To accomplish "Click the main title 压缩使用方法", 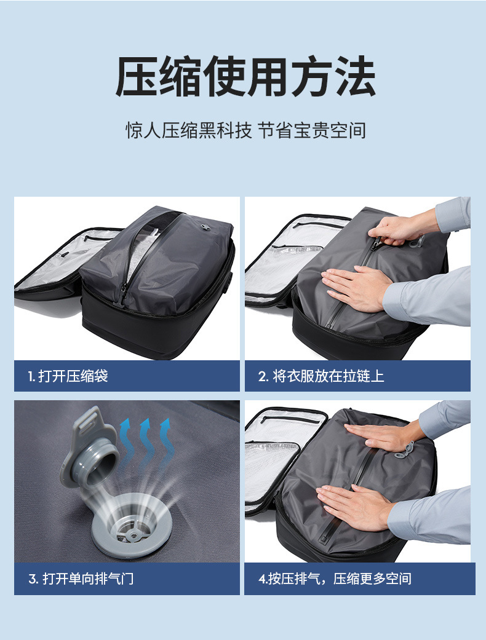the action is [245, 76].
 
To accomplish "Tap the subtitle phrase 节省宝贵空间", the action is [312, 130].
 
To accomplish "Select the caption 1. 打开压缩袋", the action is [68, 376].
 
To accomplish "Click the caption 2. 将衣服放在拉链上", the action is [321, 376].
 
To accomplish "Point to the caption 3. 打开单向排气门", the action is [81, 579].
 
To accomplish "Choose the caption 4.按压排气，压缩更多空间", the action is [335, 579].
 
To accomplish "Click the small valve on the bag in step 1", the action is [205, 227].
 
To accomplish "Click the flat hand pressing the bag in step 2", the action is [356, 288].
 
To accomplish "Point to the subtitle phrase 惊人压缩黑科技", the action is [188, 130].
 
